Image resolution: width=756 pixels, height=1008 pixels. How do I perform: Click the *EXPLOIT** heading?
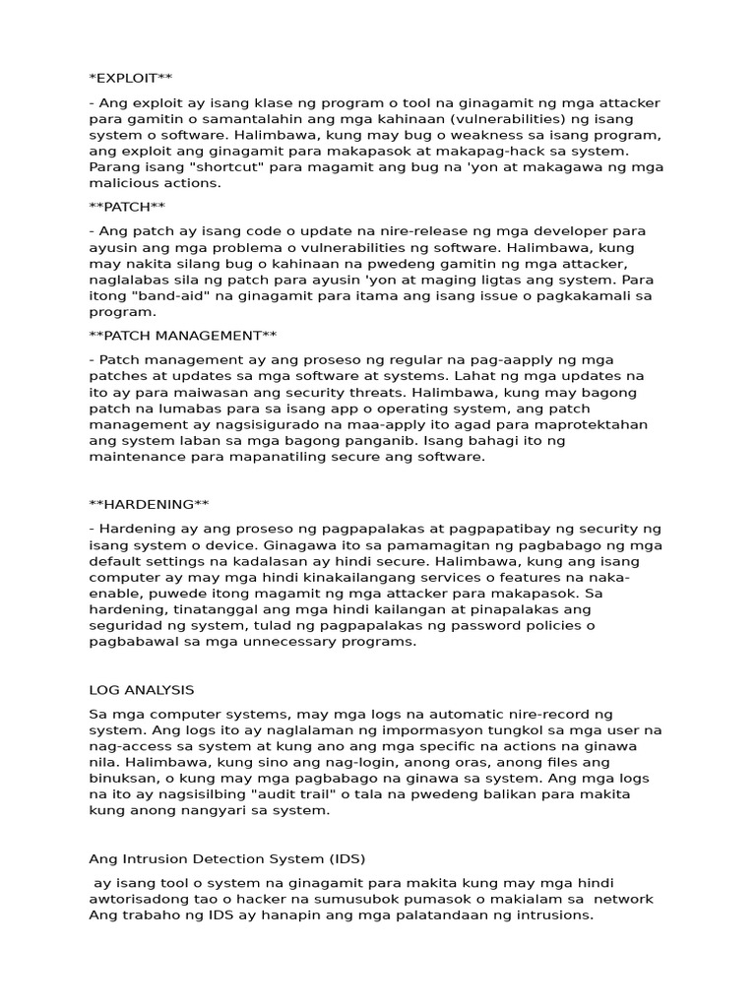pyautogui.click(x=131, y=77)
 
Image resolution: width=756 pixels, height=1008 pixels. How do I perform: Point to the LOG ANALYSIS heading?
pyautogui.click(x=141, y=689)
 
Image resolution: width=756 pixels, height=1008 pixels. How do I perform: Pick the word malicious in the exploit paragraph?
pyautogui.click(x=120, y=182)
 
